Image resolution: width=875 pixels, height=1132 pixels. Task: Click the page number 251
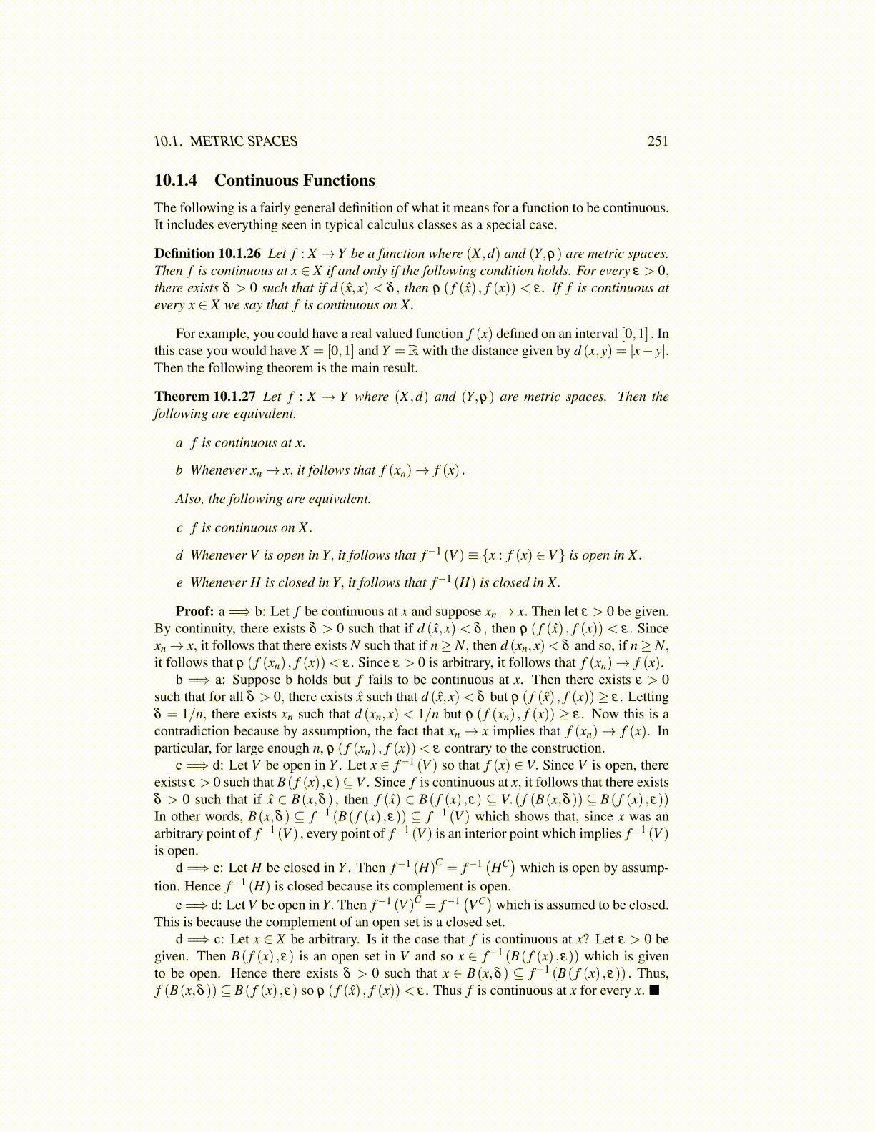[x=658, y=141]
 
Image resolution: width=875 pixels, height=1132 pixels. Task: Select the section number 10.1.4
[x=176, y=181]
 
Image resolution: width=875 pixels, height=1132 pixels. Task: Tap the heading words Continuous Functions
[x=295, y=181]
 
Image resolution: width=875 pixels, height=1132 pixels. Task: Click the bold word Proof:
[x=194, y=612]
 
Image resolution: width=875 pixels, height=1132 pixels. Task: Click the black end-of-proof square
[x=653, y=990]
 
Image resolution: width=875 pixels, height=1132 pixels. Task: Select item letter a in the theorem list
[x=179, y=443]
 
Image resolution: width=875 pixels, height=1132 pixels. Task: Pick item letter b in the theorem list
[x=179, y=470]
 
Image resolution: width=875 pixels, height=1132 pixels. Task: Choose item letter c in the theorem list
[x=179, y=528]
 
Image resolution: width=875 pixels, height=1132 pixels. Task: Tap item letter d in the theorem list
[x=179, y=555]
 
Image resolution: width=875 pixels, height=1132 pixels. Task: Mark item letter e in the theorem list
[x=179, y=583]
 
